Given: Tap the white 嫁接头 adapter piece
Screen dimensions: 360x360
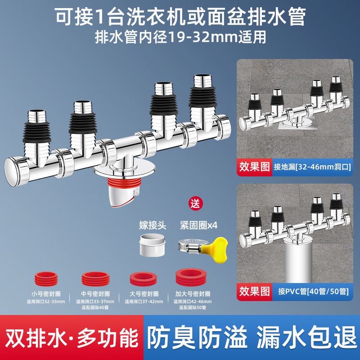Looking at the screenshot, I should [x=151, y=244].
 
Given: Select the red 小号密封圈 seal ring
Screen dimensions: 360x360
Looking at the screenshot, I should [x=45, y=278].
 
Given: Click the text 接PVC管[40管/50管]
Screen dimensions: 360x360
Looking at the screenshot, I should [x=310, y=291].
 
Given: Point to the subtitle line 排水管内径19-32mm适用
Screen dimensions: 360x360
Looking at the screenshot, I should [x=180, y=36].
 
